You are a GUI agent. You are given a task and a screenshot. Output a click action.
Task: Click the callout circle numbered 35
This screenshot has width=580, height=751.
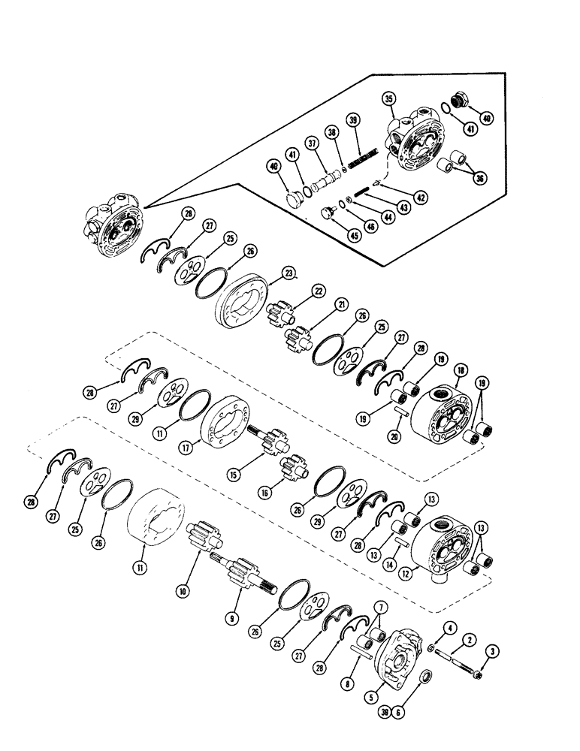point(388,98)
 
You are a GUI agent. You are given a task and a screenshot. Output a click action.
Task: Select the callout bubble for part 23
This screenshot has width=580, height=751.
point(268,274)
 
